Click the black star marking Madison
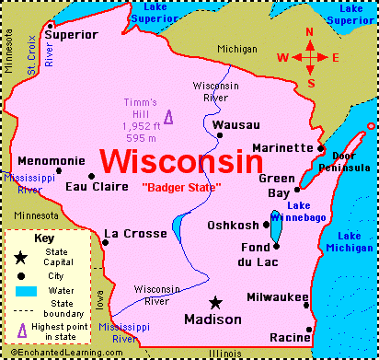[215, 302]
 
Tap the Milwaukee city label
[277, 297]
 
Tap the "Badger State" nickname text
[181, 188]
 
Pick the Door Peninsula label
[351, 161]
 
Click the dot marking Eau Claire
[91, 176]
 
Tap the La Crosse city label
[135, 234]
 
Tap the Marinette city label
[283, 147]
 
